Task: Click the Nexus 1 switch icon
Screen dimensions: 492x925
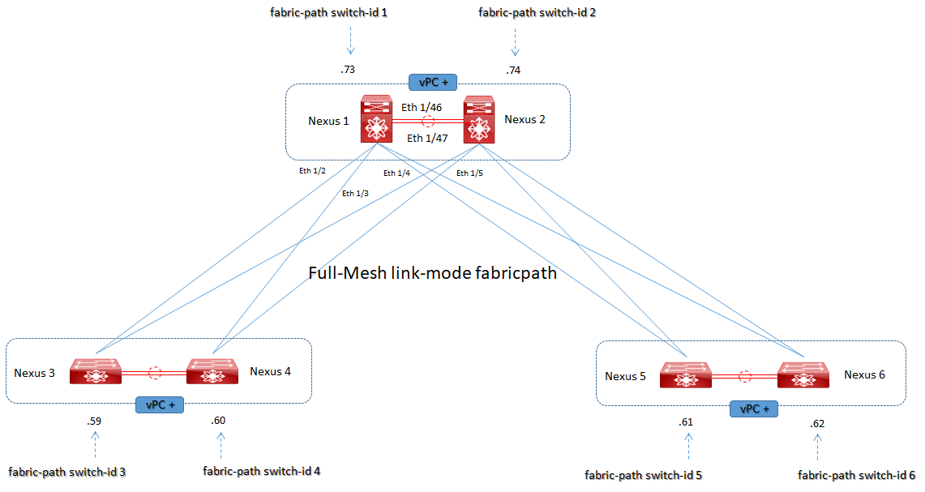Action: [376, 120]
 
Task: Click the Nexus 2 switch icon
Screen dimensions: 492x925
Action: [479, 120]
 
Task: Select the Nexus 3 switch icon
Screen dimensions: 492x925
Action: [95, 371]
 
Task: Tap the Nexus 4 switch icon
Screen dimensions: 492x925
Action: [212, 371]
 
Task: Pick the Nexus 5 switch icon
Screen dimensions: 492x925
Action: [685, 374]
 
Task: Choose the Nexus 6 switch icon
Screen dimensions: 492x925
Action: [803, 374]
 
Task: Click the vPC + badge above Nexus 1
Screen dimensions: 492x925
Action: [434, 82]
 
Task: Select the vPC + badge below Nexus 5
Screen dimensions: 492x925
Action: [754, 409]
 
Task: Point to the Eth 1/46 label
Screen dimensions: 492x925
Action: [422, 106]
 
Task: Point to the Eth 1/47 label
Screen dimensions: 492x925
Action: [426, 139]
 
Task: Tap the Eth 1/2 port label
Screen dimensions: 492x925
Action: [311, 171]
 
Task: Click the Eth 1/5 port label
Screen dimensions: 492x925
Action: [469, 173]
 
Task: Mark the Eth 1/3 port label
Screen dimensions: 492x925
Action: [355, 193]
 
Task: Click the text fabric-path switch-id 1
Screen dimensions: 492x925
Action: [328, 13]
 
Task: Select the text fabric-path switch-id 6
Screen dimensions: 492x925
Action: [856, 475]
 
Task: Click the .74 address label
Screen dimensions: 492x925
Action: [512, 71]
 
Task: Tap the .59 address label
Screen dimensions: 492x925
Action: [94, 421]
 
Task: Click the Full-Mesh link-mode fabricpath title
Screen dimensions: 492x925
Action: [432, 273]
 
